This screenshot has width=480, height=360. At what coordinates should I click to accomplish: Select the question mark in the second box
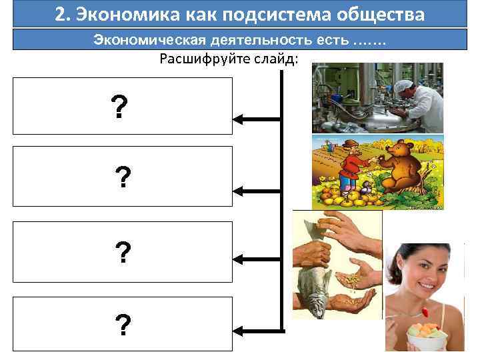pyautogui.click(x=123, y=178)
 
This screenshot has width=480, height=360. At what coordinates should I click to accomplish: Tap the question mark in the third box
pyautogui.click(x=123, y=252)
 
